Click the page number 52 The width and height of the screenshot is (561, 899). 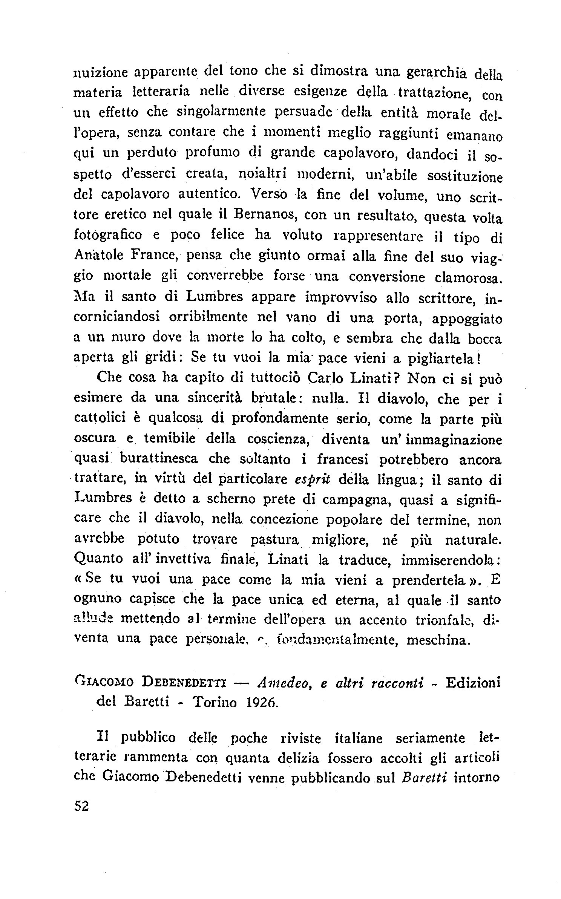[81, 806]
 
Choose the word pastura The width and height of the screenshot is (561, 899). [274, 540]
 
